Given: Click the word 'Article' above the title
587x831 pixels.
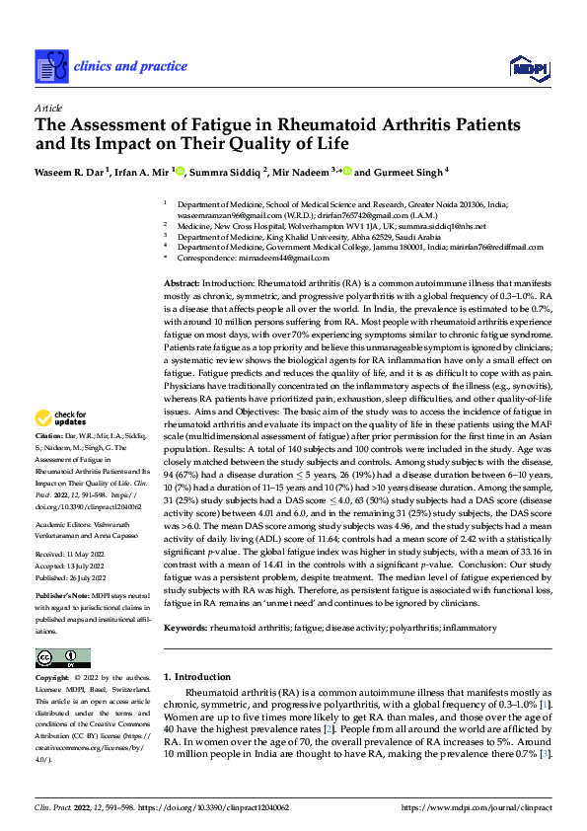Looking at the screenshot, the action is coord(47,108).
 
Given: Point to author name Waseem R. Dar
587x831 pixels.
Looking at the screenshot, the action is coord(70,172).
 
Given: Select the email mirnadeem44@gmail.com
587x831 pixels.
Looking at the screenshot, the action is coord(281,258).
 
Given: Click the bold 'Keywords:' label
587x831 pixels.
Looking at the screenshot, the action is coord(187,627).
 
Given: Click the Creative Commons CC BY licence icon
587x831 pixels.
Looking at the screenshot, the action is coord(62,657).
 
